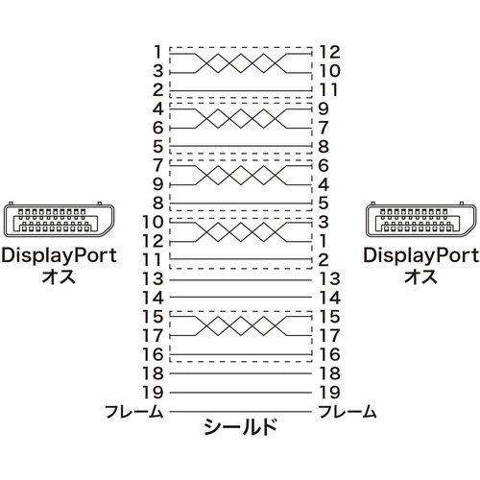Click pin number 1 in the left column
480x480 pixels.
pyautogui.click(x=157, y=52)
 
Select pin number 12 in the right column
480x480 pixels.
pyautogui.click(x=329, y=52)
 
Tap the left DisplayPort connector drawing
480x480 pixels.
pyautogui.click(x=59, y=220)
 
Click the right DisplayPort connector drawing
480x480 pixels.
pyautogui.click(x=421, y=220)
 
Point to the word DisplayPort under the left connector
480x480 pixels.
pyautogui.click(x=59, y=256)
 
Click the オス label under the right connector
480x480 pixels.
pyautogui.click(x=420, y=276)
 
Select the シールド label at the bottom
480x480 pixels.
pyautogui.click(x=240, y=427)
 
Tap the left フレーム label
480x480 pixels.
pyautogui.click(x=134, y=412)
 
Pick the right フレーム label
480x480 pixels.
pyautogui.click(x=348, y=412)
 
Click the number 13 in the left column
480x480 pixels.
pyautogui.click(x=153, y=278)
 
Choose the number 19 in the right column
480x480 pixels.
pyautogui.click(x=329, y=393)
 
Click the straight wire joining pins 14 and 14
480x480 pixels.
pyautogui.click(x=240, y=298)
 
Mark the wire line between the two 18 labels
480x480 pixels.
pyautogui.click(x=240, y=373)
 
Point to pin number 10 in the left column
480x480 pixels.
pyautogui.click(x=153, y=222)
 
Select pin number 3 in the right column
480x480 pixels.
pyautogui.click(x=324, y=222)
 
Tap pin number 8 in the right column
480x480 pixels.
pyautogui.click(x=324, y=147)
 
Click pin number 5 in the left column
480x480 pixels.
pyautogui.click(x=158, y=147)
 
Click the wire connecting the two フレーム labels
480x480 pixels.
pyautogui.click(x=240, y=412)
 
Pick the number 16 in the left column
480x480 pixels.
pyautogui.click(x=153, y=354)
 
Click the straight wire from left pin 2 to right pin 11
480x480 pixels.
pyautogui.click(x=240, y=91)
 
